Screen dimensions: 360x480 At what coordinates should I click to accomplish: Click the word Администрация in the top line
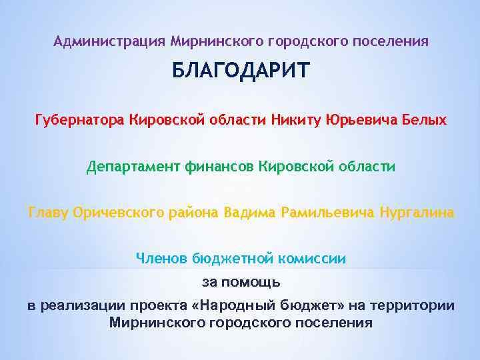click(x=109, y=41)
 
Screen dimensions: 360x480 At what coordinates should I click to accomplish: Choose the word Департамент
click(x=133, y=166)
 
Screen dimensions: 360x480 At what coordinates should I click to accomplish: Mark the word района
click(x=194, y=213)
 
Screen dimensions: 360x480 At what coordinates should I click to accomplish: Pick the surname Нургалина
click(x=417, y=213)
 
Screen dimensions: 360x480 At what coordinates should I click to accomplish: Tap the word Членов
click(x=161, y=258)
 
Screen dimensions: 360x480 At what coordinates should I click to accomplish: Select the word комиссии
click(x=316, y=258)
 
